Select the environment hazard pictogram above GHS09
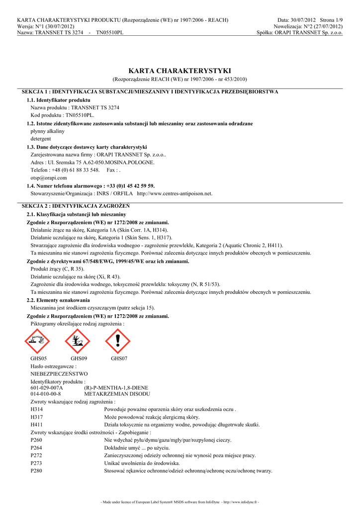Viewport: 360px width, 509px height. point(78,341)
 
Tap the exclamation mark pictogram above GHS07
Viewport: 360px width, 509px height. point(118,341)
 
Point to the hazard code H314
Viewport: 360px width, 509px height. point(37,409)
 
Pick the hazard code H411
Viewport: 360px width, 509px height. point(37,425)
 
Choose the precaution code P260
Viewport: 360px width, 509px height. point(37,440)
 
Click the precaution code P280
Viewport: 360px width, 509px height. point(37,471)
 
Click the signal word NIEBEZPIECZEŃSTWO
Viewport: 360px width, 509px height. point(59,373)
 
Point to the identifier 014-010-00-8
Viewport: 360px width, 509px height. point(46,393)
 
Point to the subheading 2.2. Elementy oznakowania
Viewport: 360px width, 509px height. point(58,300)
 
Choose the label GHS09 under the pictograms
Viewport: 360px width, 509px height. point(79,358)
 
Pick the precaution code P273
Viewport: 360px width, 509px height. point(37,463)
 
